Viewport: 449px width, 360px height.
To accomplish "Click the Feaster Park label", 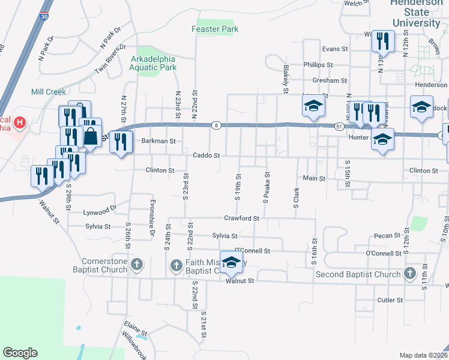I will click(x=215, y=29).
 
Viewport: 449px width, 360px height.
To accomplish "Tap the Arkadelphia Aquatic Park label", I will click(x=154, y=63).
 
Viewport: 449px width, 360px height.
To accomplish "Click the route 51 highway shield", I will click(x=339, y=126).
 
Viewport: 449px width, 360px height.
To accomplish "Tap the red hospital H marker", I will click(x=20, y=123).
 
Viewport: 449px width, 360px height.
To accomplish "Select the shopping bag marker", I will click(x=90, y=136).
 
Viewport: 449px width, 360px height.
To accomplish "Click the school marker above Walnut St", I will click(x=231, y=262).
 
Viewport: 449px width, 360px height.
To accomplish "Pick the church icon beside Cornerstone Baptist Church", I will click(x=137, y=264).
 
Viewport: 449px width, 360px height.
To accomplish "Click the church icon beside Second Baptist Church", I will click(x=409, y=274).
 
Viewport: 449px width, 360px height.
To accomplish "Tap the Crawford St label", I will click(x=241, y=218).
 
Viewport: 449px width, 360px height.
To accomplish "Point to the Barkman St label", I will click(x=158, y=142).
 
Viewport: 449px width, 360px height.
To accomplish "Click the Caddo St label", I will click(x=206, y=155).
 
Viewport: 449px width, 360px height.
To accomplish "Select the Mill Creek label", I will click(x=49, y=92).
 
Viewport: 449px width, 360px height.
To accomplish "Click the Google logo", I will click(x=20, y=353).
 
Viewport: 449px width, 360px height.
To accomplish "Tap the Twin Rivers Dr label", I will click(x=110, y=59).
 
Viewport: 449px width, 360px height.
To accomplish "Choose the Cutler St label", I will click(x=390, y=300).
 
